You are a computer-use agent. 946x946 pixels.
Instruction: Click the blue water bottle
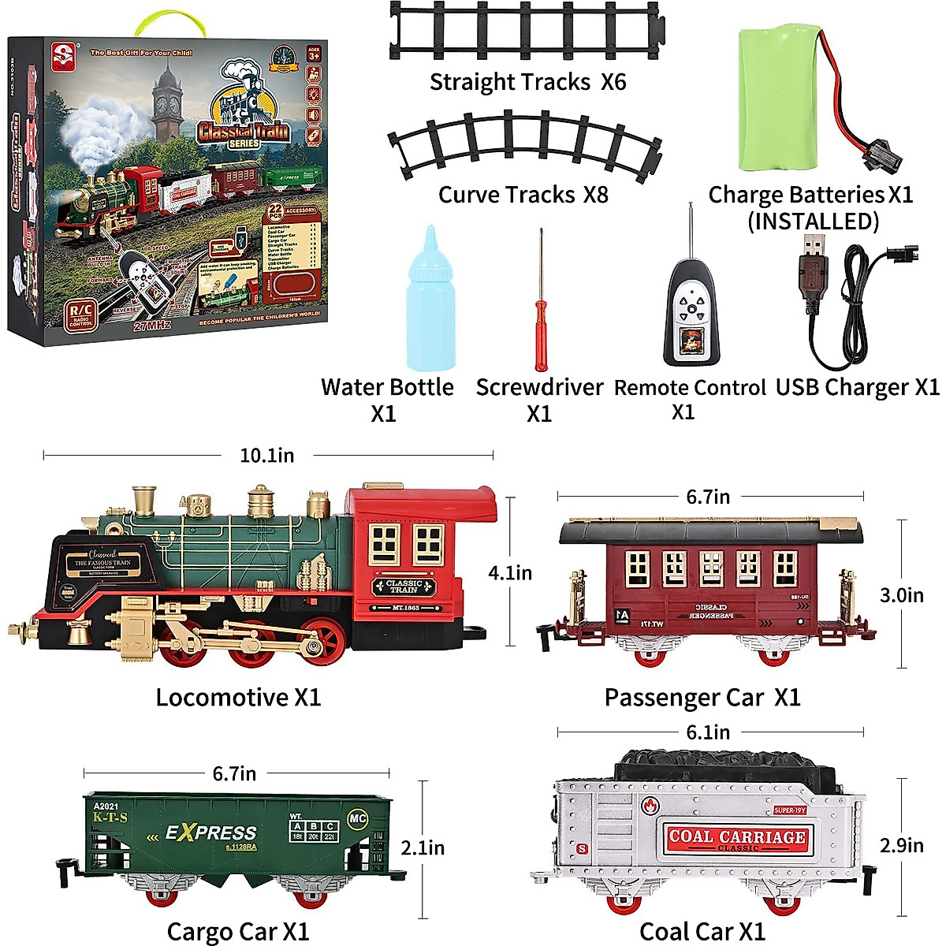[430, 307]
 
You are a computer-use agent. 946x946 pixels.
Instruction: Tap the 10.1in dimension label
[267, 456]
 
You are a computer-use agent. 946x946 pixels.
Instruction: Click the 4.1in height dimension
[510, 573]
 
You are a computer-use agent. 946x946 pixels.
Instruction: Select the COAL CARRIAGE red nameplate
[737, 839]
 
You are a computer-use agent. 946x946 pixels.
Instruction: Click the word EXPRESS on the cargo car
[210, 832]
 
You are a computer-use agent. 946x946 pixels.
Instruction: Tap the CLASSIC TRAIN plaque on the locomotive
[404, 587]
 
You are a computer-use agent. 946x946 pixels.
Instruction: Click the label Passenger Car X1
[702, 698]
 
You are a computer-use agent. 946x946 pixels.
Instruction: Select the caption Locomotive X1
[238, 698]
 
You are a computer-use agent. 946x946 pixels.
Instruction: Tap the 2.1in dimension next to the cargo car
[423, 848]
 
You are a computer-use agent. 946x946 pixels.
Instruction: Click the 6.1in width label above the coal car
[708, 732]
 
